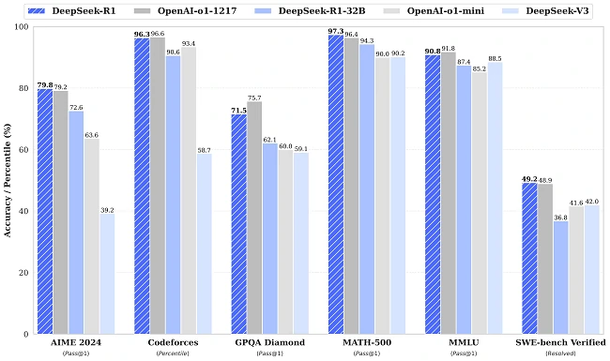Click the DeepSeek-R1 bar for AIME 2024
pyautogui.click(x=45, y=211)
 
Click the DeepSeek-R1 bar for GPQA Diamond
pyautogui.click(x=238, y=224)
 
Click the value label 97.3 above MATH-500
pyautogui.click(x=335, y=32)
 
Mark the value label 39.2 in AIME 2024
pyautogui.click(x=108, y=210)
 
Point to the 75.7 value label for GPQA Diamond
pyautogui.click(x=254, y=98)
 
